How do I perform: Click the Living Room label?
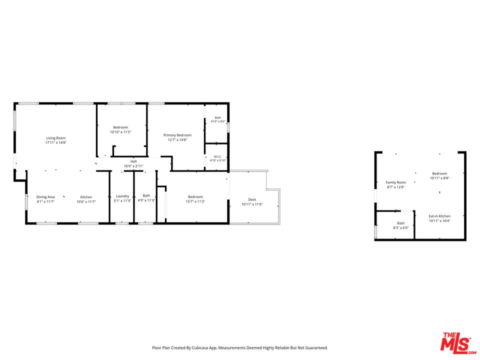55,138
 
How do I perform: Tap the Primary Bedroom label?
177,135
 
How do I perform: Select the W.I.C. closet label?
217,156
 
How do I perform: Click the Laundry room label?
122,196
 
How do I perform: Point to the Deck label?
252,199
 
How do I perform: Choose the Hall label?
133,161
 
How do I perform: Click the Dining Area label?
45,197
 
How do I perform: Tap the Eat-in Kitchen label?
439,216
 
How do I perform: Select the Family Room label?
396,182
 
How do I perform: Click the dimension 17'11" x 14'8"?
56,142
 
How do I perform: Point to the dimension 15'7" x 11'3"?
195,201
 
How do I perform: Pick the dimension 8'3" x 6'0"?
401,228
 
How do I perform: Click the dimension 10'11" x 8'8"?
439,178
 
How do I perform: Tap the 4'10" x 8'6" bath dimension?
218,121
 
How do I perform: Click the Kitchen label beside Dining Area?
86,197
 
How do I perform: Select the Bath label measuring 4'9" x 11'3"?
146,195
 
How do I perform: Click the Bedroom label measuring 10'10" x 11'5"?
120,127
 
